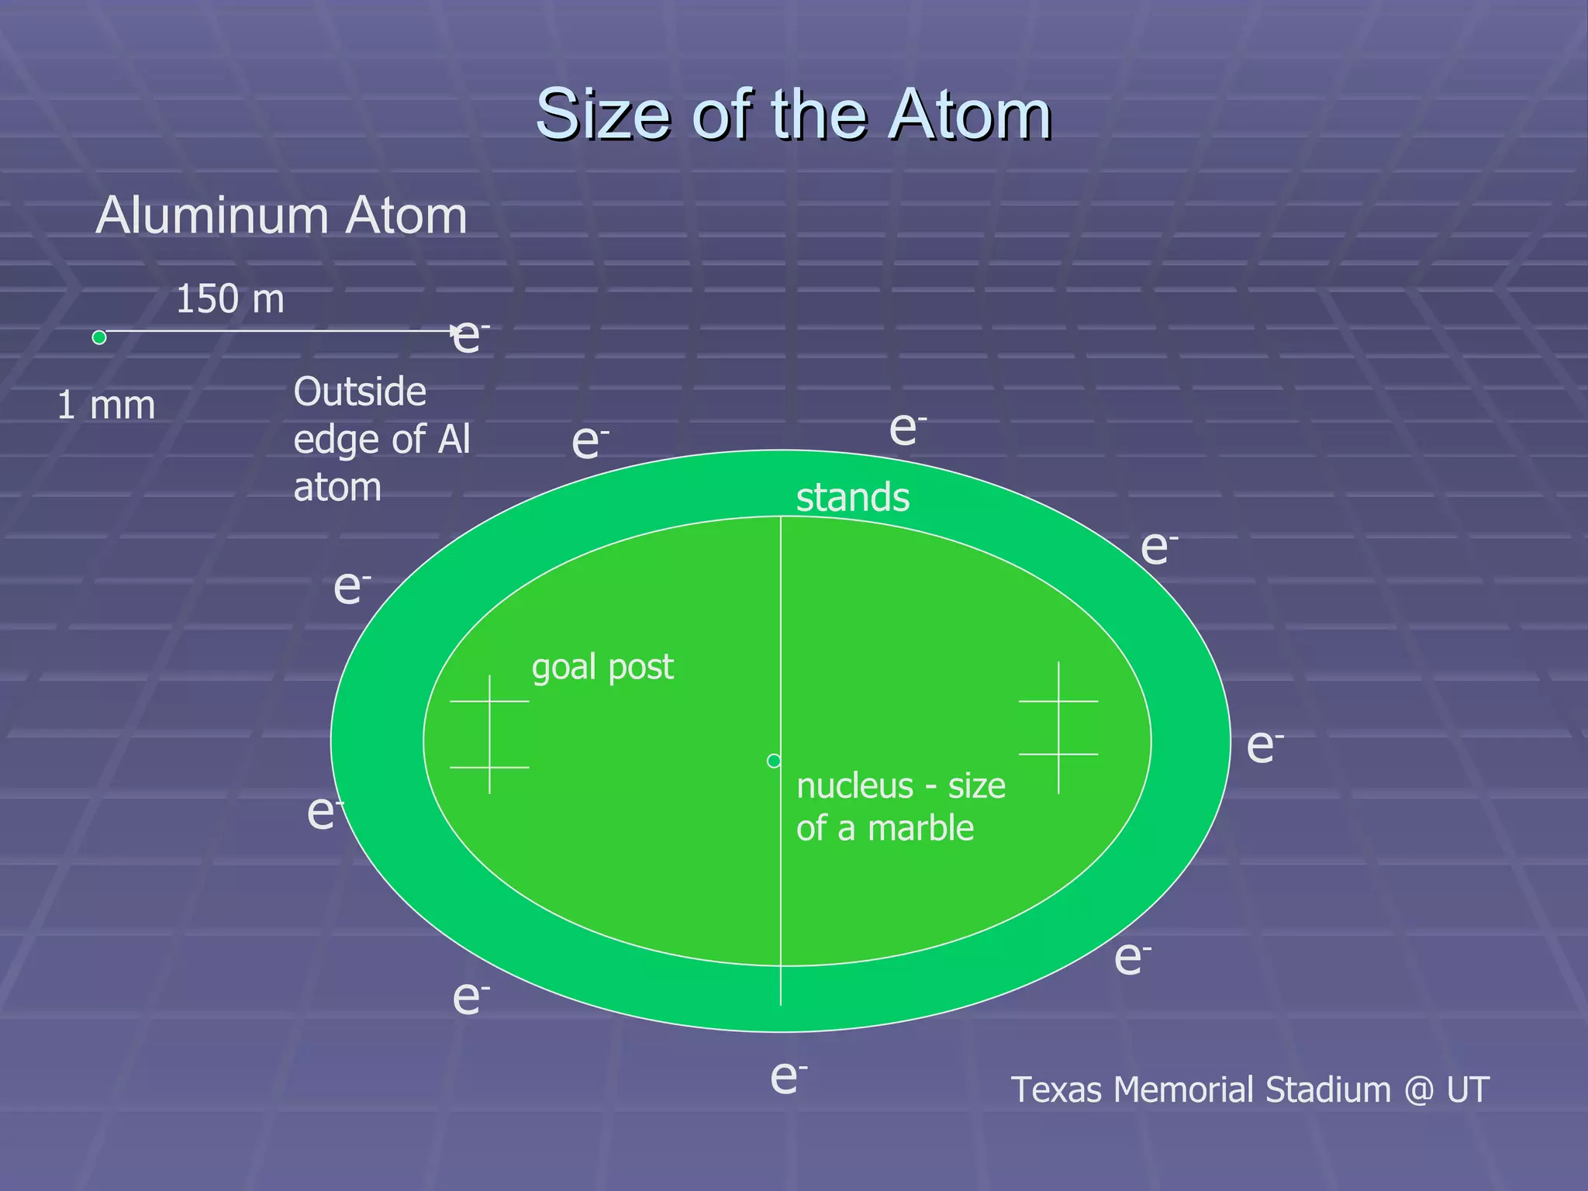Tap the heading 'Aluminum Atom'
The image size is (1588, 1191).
pyautogui.click(x=281, y=216)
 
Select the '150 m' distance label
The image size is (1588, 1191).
pyautogui.click(x=230, y=299)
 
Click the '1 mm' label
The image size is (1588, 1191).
pyautogui.click(x=106, y=406)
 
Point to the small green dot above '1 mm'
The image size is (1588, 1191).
pyautogui.click(x=99, y=337)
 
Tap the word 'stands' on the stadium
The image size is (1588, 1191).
pyautogui.click(x=852, y=497)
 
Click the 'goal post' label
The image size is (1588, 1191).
pyautogui.click(x=602, y=667)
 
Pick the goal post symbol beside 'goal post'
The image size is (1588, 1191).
pyautogui.click(x=489, y=734)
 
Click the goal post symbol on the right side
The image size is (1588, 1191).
pyautogui.click(x=1058, y=727)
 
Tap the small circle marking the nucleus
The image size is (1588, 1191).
pyautogui.click(x=773, y=761)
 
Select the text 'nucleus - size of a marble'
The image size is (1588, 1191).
pyautogui.click(x=899, y=806)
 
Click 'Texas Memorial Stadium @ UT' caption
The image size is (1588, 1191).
pyautogui.click(x=1249, y=1089)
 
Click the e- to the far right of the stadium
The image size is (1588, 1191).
pyautogui.click(x=1263, y=746)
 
